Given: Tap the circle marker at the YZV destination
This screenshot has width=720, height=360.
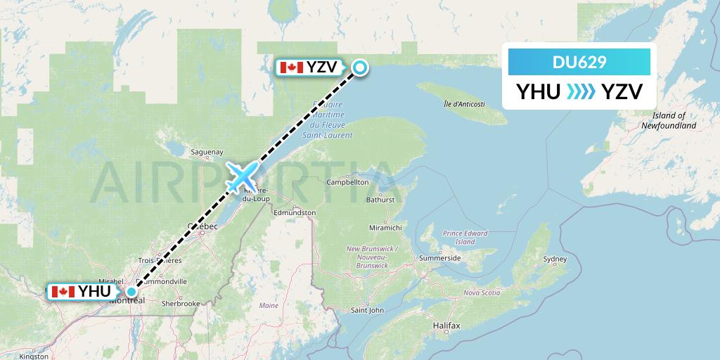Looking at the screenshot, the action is point(359,67).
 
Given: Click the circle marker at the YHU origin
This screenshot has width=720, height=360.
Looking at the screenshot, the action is point(131,291).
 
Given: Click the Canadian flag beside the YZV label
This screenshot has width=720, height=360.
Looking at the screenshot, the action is point(291,67).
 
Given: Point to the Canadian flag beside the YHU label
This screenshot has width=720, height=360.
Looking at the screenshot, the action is point(63,291).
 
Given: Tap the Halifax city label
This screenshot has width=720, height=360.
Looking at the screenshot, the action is point(446,326).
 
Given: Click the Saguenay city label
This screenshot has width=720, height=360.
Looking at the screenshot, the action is point(207,151).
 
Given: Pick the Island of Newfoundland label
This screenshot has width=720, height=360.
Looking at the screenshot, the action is point(668,120).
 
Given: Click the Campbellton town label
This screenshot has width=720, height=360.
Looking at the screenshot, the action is point(347,182).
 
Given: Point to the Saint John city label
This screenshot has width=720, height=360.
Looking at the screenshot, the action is point(367,309).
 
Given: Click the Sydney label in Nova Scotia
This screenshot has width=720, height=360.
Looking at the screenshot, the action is point(555,259).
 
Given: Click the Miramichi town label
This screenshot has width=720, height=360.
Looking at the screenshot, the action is point(385,228).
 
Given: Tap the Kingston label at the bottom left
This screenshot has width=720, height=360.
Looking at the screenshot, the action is point(34,356).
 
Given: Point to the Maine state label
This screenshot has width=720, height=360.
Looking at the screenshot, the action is point(269,306).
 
